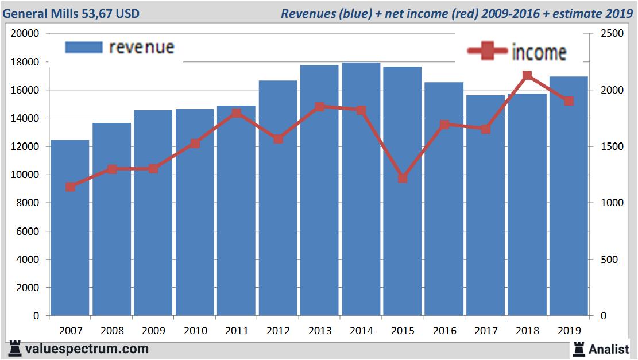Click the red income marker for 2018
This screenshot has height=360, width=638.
[x=527, y=76]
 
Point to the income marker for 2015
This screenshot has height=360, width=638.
[x=403, y=178]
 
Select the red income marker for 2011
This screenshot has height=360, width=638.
[x=237, y=113]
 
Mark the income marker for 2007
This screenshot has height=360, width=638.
[x=70, y=187]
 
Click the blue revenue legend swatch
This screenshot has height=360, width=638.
[x=83, y=47]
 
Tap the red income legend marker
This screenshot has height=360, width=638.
[x=488, y=51]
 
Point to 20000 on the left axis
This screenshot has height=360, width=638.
[x=25, y=33]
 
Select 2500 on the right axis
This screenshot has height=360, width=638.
[x=612, y=33]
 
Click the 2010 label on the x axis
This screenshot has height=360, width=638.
[x=195, y=331]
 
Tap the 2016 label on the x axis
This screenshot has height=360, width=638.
[x=444, y=331]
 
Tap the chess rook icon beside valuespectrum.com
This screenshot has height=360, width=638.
[x=15, y=349]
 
